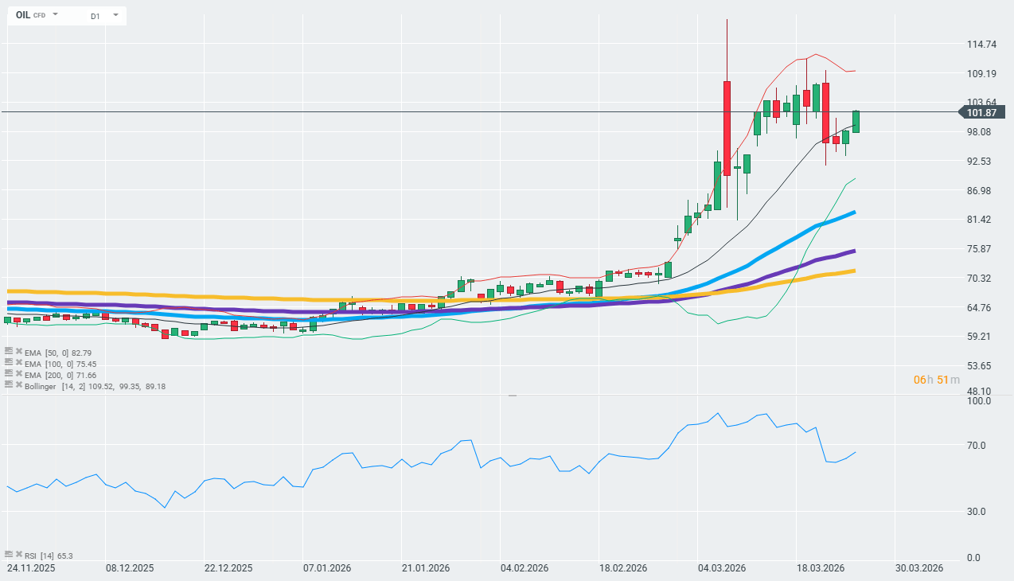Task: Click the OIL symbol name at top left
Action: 23,15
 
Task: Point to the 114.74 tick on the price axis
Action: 982,45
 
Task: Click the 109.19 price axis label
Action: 982,74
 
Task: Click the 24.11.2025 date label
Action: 31,568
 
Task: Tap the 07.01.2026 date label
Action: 326,568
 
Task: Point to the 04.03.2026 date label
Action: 721,568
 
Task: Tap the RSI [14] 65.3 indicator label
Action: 49,556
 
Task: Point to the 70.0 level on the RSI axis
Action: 978,446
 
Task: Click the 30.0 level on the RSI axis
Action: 978,512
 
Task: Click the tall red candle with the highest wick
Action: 727,127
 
